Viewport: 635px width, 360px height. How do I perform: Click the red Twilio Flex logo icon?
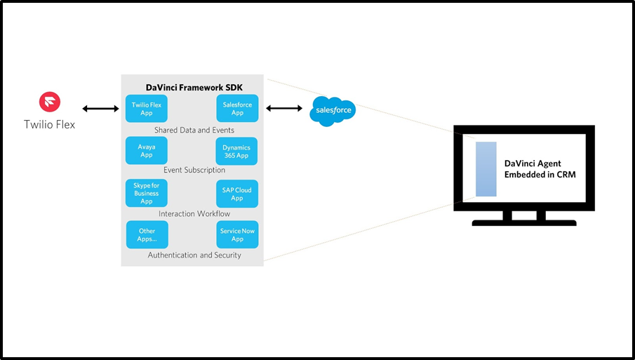[50, 102]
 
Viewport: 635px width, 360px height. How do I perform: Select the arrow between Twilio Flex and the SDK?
[100, 109]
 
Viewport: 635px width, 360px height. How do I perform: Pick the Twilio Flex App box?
[146, 109]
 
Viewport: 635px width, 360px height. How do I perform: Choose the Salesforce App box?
[237, 109]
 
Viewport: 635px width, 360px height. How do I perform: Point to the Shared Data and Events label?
[194, 130]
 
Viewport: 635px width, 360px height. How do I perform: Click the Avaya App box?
[146, 151]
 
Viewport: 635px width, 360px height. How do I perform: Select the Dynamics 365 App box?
[236, 151]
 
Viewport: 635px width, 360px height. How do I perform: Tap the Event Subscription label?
[194, 170]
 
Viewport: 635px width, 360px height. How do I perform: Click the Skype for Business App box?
[146, 193]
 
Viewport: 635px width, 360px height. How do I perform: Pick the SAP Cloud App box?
[237, 193]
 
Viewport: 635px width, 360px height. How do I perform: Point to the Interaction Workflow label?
[194, 213]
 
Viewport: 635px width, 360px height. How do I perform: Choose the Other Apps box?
[147, 234]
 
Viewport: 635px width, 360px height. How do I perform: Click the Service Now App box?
[237, 234]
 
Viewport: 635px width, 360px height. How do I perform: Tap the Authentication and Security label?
[194, 255]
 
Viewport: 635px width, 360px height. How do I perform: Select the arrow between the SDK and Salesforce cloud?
[283, 108]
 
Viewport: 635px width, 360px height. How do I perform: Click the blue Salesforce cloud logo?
[332, 111]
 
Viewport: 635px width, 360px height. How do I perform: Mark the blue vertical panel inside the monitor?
[486, 169]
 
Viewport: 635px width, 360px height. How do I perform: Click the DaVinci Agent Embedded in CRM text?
[540, 169]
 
